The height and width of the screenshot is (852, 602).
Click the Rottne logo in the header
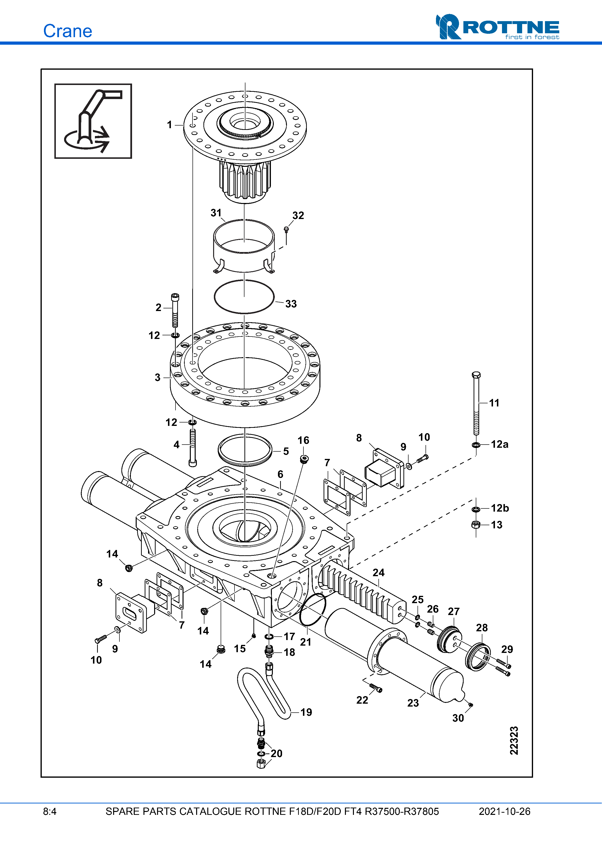coord(497,27)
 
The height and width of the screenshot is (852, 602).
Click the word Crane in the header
coord(67,31)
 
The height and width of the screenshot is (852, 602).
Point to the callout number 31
coord(216,213)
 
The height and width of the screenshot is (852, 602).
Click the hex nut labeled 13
coord(476,524)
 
